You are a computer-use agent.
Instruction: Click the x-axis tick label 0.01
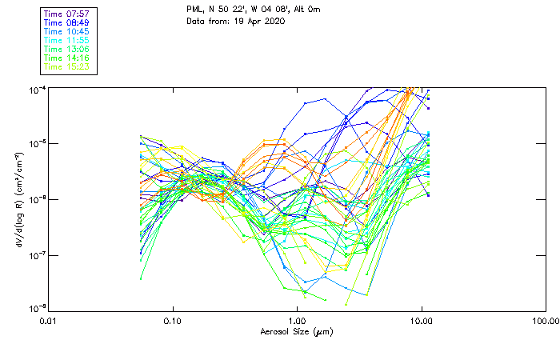pos(49,322)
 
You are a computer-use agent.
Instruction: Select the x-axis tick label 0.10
pos(172,322)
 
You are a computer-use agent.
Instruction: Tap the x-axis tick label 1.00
pos(297,322)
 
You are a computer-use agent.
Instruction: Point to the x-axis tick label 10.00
pos(421,322)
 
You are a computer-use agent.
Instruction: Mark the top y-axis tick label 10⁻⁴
pos(37,89)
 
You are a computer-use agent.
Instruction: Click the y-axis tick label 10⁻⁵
pos(37,144)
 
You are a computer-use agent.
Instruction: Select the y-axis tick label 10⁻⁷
pos(37,255)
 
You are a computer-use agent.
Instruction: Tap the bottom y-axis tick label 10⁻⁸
pos(37,310)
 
